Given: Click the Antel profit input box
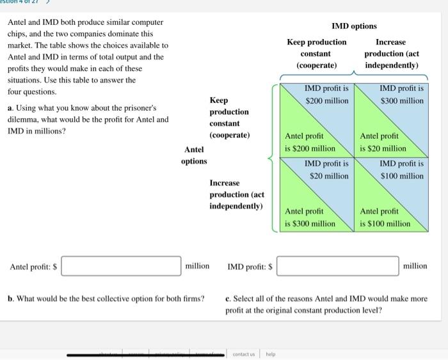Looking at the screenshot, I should [121, 266].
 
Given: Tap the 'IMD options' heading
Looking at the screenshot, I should [353, 26].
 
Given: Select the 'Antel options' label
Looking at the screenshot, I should [194, 155].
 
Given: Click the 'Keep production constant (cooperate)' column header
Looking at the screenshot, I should [316, 54].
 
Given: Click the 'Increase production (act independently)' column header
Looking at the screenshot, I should [391, 54].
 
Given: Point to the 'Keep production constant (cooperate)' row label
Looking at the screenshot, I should [229, 118].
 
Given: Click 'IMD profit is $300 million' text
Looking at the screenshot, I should [401, 95].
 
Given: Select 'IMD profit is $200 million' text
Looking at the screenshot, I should [326, 95].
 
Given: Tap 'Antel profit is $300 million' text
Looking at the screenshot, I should [310, 217].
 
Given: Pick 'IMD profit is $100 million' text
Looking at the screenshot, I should [401, 169].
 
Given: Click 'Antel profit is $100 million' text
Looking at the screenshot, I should [385, 217].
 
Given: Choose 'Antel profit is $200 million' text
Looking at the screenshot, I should [310, 142].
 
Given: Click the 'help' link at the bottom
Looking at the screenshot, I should [271, 354].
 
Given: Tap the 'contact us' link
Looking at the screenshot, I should [243, 354].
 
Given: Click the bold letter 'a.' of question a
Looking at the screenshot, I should [11, 108].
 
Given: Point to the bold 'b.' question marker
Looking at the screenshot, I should [11, 298].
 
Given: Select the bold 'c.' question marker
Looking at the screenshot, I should [228, 298].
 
